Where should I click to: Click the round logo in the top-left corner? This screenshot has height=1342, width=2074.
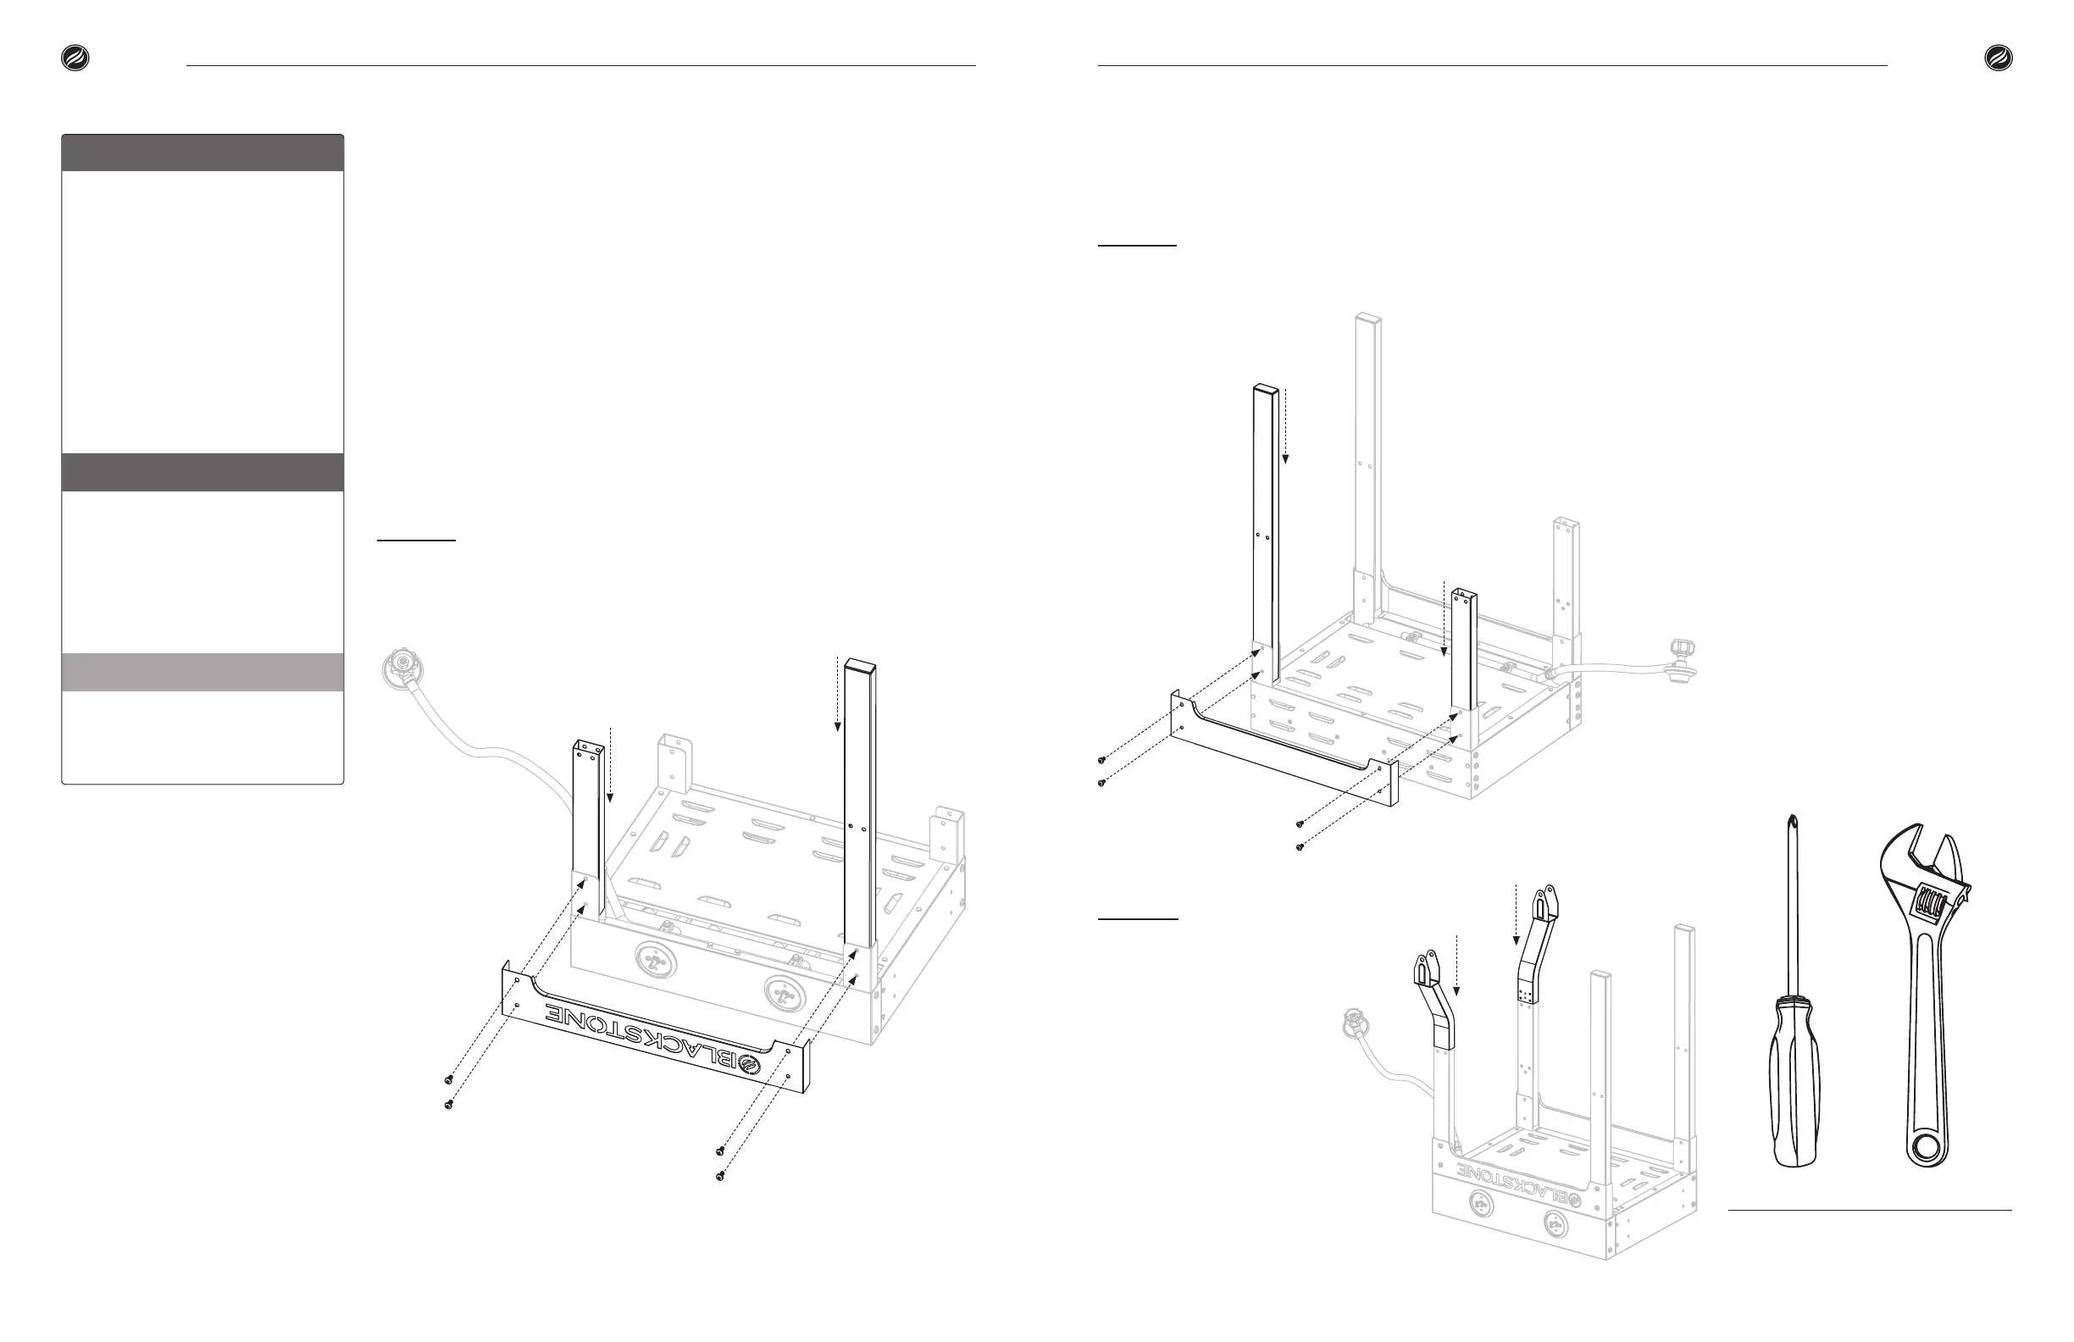75,58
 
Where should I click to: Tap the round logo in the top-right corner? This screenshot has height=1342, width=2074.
1999,58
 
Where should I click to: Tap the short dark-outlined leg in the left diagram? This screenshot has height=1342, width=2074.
586,828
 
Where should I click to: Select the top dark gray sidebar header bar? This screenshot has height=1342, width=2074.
202,152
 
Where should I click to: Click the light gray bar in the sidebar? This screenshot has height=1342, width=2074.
202,672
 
